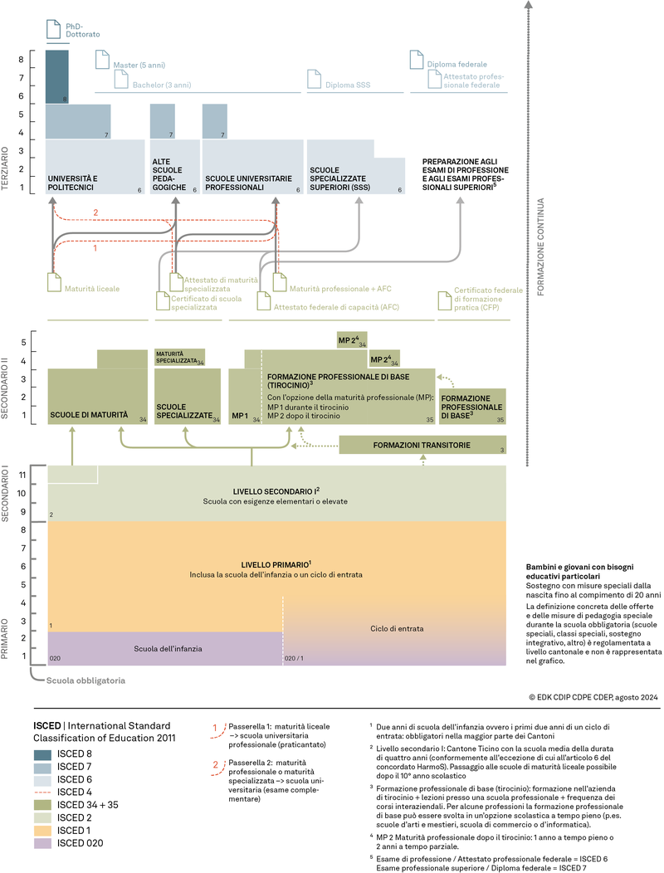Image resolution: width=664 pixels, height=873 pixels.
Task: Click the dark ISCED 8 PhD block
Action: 56,76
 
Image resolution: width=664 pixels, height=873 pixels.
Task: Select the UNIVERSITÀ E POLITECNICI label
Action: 72,183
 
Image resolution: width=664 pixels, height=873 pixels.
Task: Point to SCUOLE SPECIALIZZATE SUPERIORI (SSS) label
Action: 339,178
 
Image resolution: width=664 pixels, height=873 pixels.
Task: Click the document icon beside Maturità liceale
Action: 55,283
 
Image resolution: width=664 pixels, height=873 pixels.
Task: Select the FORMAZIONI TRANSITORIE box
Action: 422,446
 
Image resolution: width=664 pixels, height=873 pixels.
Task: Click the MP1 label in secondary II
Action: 240,415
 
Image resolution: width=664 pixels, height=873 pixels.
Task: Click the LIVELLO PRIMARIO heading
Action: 276,564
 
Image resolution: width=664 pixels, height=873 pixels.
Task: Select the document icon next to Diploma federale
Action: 417,61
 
